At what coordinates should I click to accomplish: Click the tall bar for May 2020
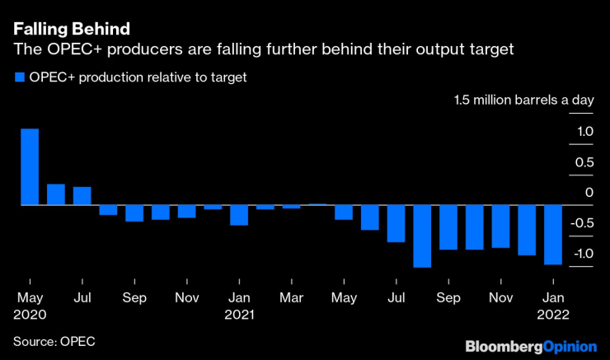[30, 166]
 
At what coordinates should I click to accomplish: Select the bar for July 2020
[82, 196]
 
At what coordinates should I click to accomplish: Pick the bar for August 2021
[423, 236]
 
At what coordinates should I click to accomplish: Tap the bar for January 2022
[554, 235]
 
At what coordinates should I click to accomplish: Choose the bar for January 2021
[239, 214]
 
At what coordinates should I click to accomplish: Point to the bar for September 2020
[134, 213]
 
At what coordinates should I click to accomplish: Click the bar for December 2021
[528, 230]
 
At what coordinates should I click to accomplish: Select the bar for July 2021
[396, 223]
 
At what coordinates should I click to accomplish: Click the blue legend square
[18, 77]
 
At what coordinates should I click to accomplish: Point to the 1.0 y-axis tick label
[584, 132]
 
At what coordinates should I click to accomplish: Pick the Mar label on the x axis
[291, 297]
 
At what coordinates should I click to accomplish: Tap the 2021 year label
[240, 314]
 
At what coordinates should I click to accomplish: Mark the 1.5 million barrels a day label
[523, 101]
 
